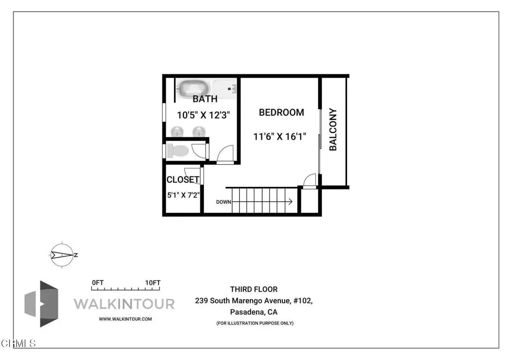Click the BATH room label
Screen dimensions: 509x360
point(205,98)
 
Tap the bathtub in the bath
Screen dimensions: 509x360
point(193,89)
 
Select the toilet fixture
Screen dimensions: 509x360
point(178,151)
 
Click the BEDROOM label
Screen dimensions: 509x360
point(281,112)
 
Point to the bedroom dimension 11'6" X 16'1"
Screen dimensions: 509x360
point(279,136)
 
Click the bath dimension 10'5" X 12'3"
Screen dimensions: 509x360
point(203,115)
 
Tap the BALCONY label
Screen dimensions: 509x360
point(333,129)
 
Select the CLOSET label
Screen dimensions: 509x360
point(183,180)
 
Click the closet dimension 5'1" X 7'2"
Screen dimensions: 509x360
point(183,195)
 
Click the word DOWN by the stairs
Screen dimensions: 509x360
point(224,202)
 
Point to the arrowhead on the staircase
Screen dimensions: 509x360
point(290,201)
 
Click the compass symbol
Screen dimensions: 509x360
point(62,255)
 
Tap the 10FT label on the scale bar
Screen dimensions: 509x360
point(153,283)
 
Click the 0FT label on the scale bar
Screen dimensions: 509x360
point(98,283)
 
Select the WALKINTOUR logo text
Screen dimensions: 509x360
point(124,304)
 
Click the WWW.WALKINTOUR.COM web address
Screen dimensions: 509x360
point(125,319)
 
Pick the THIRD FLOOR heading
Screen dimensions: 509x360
point(254,289)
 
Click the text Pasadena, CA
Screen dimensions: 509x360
point(254,312)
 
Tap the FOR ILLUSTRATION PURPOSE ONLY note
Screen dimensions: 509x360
point(255,323)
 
